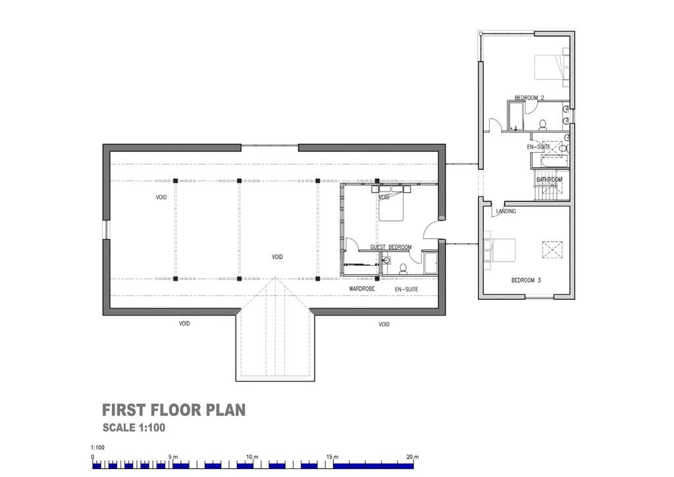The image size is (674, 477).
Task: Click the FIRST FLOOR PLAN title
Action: (x=174, y=410)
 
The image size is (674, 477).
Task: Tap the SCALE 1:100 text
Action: (x=134, y=428)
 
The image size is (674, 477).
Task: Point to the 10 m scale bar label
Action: (x=252, y=457)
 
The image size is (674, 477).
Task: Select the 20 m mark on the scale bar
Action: (x=413, y=457)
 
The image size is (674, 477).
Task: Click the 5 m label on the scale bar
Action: (x=173, y=457)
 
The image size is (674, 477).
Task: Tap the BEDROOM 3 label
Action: (x=526, y=280)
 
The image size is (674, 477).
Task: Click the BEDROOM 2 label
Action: (x=529, y=98)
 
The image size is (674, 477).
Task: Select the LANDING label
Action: (x=506, y=211)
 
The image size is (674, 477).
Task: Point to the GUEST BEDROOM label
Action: (x=390, y=247)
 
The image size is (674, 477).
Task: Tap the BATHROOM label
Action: (x=549, y=179)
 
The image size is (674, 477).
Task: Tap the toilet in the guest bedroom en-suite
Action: (x=403, y=268)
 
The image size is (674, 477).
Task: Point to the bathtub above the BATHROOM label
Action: (x=548, y=161)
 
